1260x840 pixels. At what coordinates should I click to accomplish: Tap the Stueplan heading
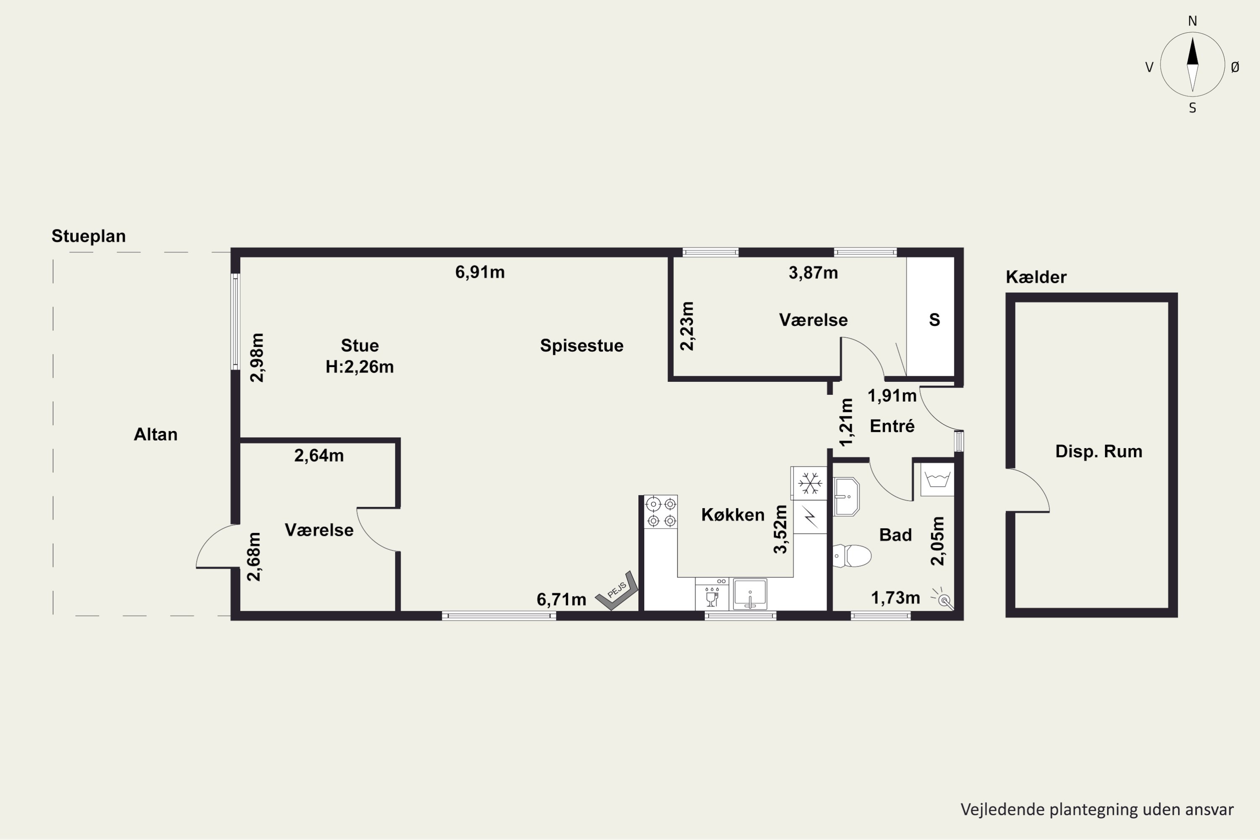click(x=88, y=236)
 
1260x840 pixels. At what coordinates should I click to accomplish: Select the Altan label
click(x=155, y=434)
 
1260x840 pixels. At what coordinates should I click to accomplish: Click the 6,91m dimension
click(x=480, y=273)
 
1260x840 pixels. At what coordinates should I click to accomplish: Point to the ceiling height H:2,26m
click(x=360, y=367)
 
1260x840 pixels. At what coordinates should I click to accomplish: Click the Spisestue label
click(x=582, y=346)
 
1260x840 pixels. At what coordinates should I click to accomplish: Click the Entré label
click(x=892, y=426)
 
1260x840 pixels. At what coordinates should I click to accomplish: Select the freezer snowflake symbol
click(x=809, y=483)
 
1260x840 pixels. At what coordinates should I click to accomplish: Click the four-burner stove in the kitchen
click(x=661, y=512)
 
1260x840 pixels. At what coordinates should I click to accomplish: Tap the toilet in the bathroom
click(x=852, y=556)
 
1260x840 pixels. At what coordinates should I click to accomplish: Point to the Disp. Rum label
click(x=1099, y=451)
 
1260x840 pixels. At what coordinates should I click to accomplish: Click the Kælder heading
click(x=1036, y=277)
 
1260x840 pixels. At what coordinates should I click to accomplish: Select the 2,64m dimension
click(x=319, y=456)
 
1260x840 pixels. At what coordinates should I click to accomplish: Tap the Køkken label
click(x=733, y=515)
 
